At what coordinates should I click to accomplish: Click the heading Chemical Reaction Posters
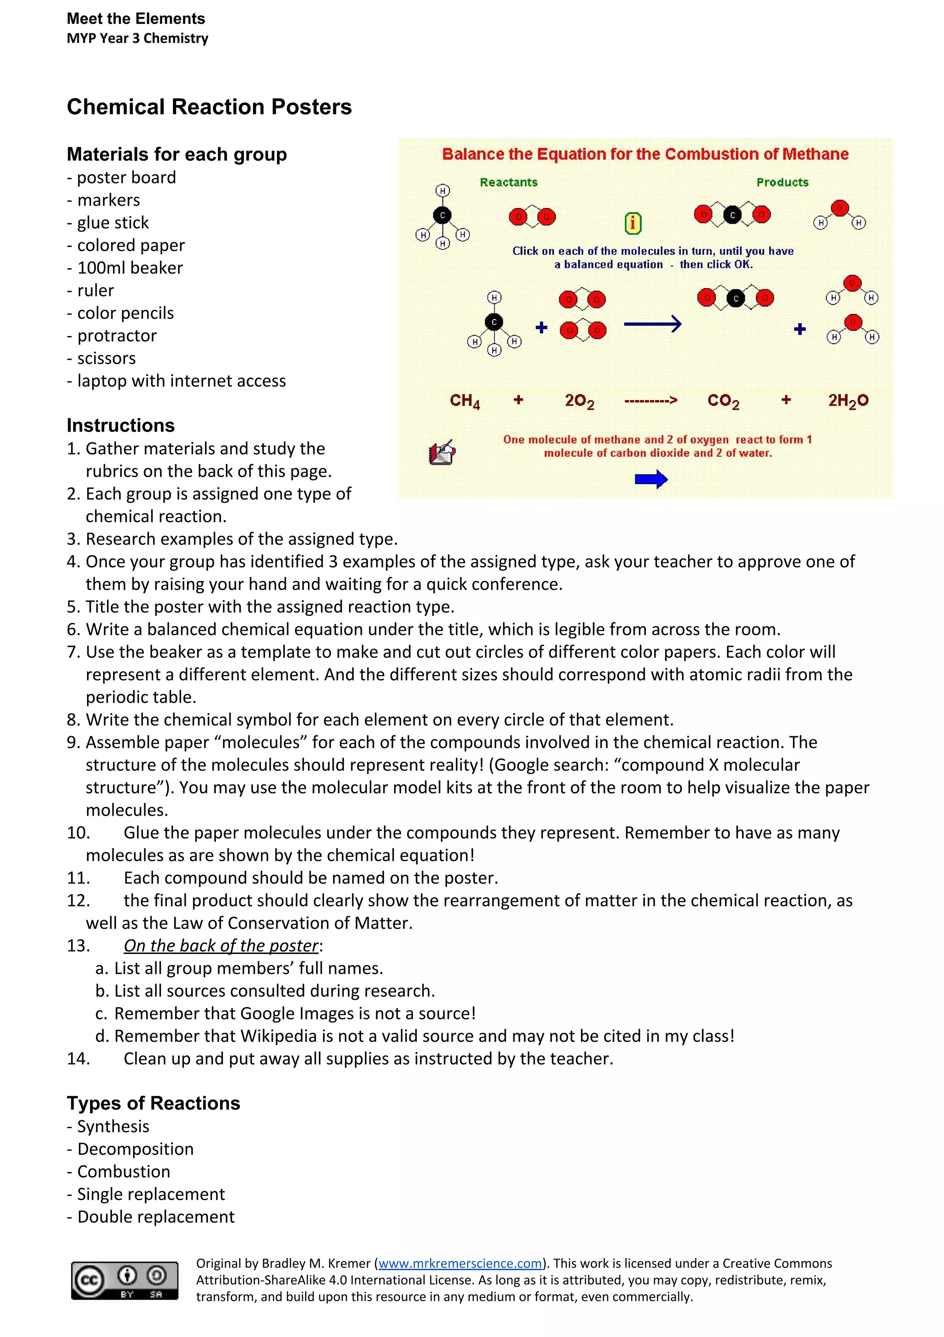(x=209, y=107)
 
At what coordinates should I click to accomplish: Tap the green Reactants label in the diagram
(x=508, y=182)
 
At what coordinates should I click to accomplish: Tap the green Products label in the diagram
(x=782, y=182)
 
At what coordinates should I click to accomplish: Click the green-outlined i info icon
(x=632, y=223)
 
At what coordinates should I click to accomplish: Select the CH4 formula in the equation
(x=464, y=401)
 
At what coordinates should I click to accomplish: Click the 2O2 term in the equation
(x=579, y=401)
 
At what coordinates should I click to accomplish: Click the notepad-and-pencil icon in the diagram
(x=442, y=452)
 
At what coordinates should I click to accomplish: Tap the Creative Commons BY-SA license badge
(x=124, y=1280)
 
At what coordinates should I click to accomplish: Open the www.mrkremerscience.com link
(x=460, y=1263)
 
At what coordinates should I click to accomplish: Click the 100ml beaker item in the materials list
(x=130, y=268)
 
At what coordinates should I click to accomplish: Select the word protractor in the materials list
(x=117, y=336)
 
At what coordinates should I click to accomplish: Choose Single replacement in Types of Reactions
(x=151, y=1194)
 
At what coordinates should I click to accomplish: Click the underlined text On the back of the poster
(x=221, y=945)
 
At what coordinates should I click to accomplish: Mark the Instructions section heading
(x=121, y=425)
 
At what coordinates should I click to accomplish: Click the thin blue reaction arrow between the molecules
(x=652, y=324)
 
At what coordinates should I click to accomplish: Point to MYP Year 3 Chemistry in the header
(x=137, y=38)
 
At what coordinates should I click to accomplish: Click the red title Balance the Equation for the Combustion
(x=645, y=154)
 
